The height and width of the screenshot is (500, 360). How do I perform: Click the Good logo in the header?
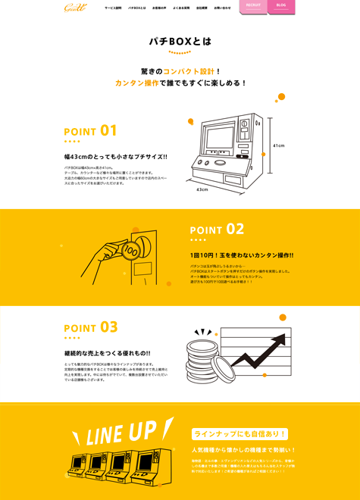pos(75,8)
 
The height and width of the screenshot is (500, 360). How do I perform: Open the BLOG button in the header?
pos(281,5)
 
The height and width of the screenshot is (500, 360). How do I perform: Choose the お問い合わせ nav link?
pos(222,8)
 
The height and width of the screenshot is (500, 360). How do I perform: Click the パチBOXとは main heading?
pos(180,41)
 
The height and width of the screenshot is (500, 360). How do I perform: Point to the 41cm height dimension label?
pos(278,145)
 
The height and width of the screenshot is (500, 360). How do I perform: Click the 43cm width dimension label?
pos(202,189)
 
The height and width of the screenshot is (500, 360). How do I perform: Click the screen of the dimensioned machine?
pos(220,139)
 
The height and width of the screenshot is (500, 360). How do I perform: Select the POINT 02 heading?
pos(217,230)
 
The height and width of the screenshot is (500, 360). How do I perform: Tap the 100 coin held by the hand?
pos(130,251)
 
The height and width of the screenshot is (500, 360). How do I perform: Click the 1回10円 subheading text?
pos(241,255)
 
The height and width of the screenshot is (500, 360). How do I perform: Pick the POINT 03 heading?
pos(90,327)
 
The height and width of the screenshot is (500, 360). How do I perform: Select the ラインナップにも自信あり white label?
pos(239,434)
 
